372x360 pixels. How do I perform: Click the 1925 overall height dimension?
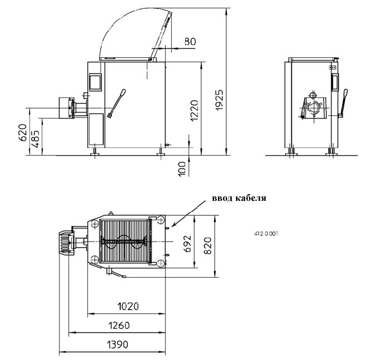220,100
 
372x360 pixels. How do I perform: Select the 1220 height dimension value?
194,111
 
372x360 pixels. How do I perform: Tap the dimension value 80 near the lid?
190,42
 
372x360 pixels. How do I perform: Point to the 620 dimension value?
23,132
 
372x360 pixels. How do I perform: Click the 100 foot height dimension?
182,169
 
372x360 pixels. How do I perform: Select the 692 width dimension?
187,244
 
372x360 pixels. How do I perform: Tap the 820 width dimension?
207,246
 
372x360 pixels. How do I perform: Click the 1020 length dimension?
128,307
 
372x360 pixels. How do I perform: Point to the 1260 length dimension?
119,326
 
